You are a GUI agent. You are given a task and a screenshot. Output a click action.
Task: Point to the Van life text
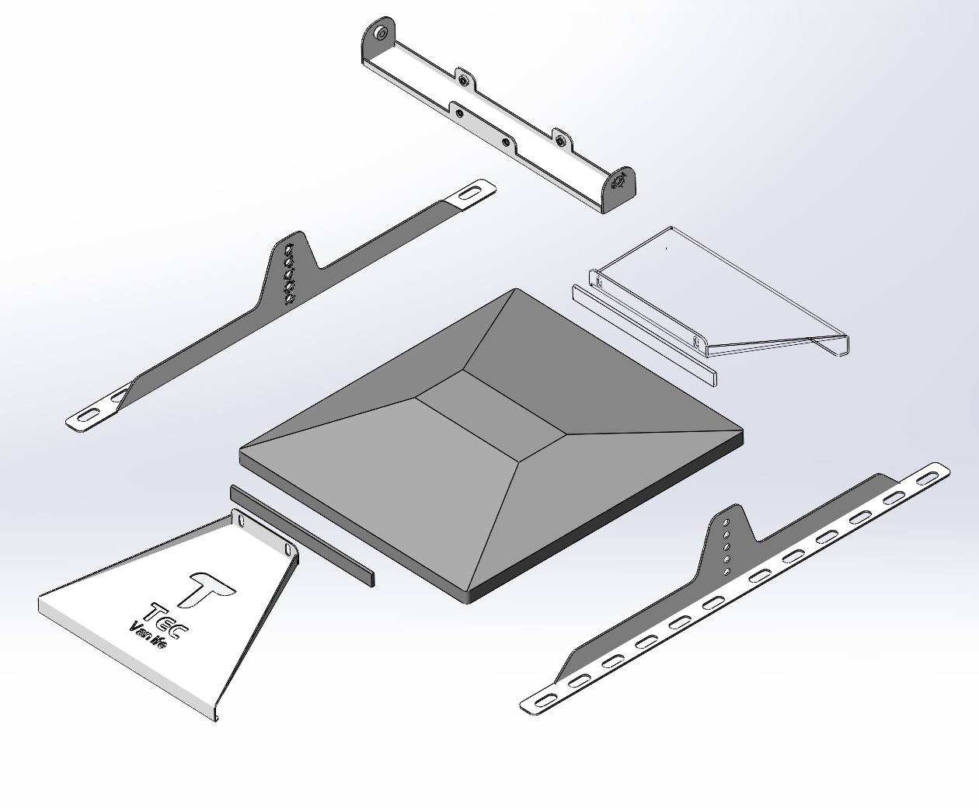[148, 635]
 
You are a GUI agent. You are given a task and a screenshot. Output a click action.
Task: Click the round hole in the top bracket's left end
[380, 33]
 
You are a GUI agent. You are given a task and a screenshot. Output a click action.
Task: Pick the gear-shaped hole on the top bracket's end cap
[620, 183]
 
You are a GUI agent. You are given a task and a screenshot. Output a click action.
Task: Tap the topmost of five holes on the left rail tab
[290, 249]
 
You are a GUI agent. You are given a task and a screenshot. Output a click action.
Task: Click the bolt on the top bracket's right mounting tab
[561, 141]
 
